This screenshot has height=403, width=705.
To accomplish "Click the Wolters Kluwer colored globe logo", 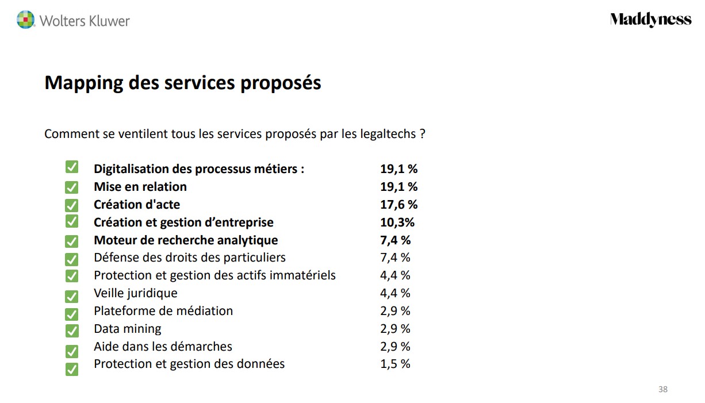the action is [25, 20].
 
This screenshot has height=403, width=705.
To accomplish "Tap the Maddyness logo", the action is [650, 20].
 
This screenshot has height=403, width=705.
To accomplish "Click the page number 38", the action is [663, 389].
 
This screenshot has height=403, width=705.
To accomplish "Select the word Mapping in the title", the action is [84, 83].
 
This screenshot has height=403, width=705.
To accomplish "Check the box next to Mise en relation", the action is [72, 187].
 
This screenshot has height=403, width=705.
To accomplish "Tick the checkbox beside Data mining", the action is [72, 331].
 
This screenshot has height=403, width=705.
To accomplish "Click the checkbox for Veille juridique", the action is [72, 296].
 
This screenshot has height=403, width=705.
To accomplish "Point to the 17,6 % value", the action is [399, 205].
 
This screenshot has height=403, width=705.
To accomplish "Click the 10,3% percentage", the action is [397, 222].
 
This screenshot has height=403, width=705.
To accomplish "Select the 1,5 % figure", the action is [395, 364].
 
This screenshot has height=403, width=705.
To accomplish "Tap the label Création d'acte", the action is [137, 205].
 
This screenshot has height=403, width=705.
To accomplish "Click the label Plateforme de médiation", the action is [163, 311].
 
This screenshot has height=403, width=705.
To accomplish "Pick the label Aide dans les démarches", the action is [163, 347].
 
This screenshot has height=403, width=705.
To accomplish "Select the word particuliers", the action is [254, 258].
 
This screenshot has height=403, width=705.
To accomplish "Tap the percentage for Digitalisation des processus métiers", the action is [399, 169].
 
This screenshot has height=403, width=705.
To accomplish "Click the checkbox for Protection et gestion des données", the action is [72, 369].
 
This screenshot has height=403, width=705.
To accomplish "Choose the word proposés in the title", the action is [281, 83].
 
